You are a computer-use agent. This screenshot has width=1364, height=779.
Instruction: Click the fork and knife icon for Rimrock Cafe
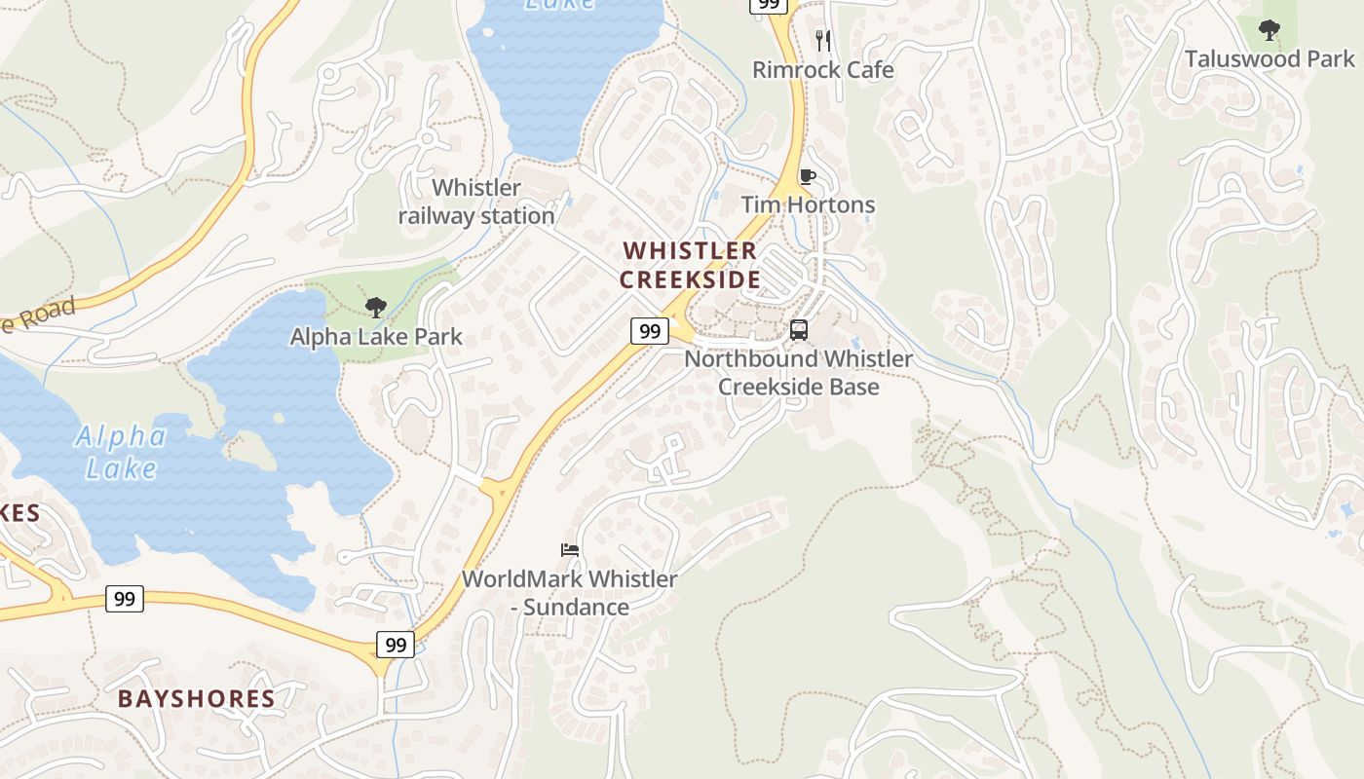[823, 40]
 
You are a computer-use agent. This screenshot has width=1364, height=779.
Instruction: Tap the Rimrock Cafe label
[823, 70]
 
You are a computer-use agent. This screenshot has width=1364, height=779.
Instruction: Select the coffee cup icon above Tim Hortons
[807, 176]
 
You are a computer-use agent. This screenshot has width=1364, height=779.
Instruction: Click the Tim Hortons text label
[808, 204]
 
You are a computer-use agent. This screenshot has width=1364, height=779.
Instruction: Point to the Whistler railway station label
[476, 202]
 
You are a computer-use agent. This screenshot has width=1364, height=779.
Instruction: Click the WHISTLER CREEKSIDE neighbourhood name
[690, 265]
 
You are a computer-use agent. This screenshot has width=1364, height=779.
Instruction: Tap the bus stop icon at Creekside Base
[799, 330]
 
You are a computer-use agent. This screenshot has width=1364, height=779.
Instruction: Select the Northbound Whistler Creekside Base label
[799, 373]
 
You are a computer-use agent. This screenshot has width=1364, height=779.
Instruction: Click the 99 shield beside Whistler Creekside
[650, 331]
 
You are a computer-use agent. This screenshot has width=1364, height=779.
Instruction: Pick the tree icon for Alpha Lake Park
[376, 309]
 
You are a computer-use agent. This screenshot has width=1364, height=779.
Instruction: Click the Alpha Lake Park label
[376, 337]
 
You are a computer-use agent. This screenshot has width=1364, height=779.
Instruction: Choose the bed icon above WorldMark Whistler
[570, 550]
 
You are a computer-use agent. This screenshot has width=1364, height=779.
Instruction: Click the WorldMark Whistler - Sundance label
[570, 593]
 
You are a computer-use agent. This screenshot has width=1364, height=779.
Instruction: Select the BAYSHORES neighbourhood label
[197, 699]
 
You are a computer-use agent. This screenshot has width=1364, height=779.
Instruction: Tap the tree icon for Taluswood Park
[1269, 30]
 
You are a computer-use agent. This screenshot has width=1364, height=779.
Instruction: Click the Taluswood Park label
[1269, 59]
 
